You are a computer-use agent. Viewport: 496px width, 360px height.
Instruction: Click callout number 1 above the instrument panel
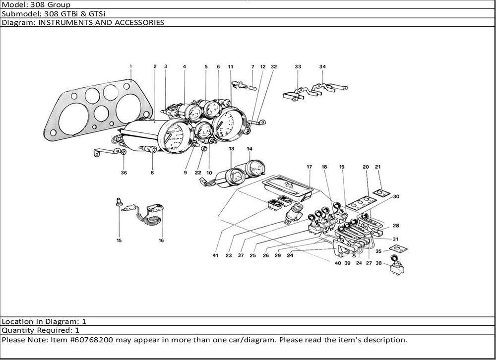point(131,66)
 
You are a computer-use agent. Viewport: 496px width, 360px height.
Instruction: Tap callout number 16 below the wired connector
point(161,240)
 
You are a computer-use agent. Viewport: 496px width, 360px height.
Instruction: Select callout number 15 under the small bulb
point(119,240)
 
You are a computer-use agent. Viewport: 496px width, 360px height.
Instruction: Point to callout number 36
point(123,173)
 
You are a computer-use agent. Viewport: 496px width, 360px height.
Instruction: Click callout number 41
point(215,256)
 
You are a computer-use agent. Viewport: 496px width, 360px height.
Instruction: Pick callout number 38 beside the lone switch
point(379,263)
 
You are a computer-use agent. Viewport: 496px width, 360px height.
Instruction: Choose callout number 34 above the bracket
point(322,66)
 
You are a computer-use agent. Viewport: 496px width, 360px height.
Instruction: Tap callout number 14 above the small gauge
point(249,149)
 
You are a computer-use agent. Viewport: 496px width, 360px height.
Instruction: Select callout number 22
point(198,173)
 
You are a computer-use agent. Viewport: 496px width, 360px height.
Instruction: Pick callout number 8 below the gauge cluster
point(152,173)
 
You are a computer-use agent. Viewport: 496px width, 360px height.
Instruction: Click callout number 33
point(298,66)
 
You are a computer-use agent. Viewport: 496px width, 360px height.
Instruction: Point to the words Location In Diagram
point(37,321)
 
